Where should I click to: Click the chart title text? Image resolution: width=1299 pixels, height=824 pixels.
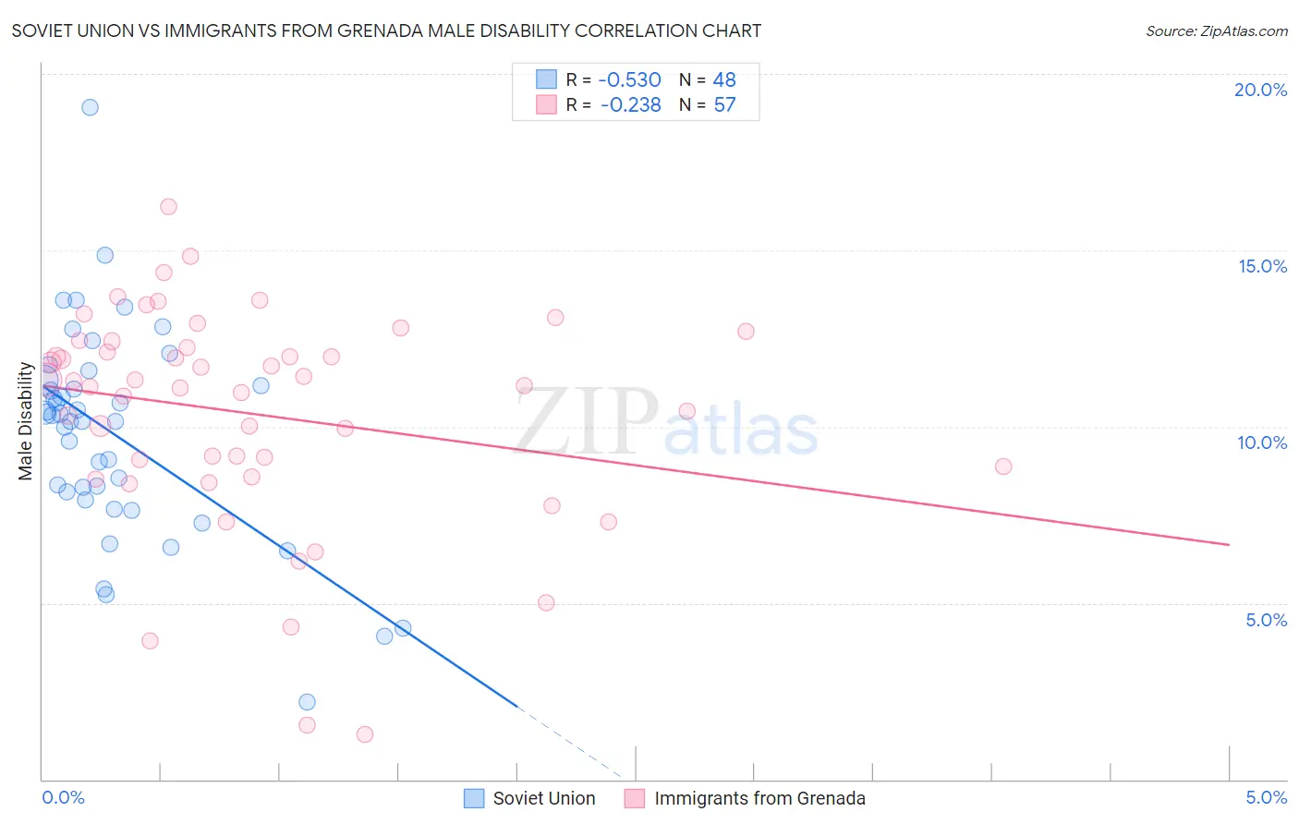click(386, 30)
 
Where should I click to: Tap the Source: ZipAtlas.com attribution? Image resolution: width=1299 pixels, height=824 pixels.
click(1216, 30)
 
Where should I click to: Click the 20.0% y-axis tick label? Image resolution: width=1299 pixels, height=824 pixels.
click(1260, 90)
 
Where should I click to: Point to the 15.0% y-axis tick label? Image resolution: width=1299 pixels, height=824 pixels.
click(1262, 266)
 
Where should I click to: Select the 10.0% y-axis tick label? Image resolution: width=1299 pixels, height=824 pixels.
click(1262, 442)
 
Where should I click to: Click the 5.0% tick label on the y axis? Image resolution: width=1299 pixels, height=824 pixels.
click(1266, 620)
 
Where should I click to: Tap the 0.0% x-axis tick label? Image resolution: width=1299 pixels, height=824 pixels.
click(63, 797)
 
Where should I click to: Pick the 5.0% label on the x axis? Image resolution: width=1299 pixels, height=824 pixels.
click(1266, 797)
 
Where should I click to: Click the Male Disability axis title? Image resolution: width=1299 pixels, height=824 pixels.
click(26, 421)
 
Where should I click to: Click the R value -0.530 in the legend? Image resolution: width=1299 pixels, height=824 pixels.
click(629, 79)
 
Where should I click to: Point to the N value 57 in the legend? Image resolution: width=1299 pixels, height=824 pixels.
click(724, 104)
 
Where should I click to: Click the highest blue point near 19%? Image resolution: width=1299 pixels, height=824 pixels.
click(90, 107)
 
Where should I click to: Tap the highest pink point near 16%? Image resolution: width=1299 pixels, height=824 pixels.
click(168, 207)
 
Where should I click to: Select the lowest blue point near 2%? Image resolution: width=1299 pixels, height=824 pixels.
click(307, 702)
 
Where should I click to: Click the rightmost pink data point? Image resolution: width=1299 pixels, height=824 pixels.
click(1003, 467)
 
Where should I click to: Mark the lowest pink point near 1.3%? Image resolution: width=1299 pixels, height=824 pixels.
click(365, 734)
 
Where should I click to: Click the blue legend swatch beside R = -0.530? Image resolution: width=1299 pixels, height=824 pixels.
click(547, 79)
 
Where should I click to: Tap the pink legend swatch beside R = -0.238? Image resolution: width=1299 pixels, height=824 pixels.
click(547, 104)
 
